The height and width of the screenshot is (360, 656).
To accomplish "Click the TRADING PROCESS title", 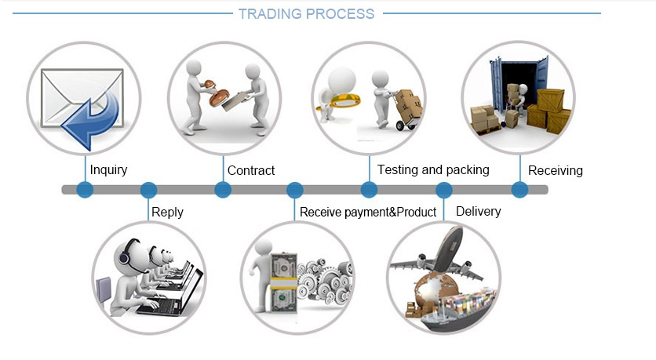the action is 306,14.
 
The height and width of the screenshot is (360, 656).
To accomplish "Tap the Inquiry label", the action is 108,169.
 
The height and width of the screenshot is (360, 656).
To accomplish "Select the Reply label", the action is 167,212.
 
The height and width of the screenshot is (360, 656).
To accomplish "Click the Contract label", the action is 251,170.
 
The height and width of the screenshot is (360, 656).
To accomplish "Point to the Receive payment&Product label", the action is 368,212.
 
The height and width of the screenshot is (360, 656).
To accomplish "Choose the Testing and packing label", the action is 433,169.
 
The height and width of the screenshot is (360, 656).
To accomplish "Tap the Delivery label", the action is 478,211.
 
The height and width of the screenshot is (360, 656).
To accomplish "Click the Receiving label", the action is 556,171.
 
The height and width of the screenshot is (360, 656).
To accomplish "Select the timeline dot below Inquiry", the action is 85,190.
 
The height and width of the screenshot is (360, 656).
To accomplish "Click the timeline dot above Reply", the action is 148,190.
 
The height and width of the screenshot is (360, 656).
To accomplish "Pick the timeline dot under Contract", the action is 223,190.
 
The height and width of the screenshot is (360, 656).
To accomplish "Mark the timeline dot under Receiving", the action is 519,189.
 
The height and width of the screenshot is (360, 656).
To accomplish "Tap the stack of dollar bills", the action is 283,283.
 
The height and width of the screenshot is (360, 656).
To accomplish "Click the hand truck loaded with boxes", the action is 406,109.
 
